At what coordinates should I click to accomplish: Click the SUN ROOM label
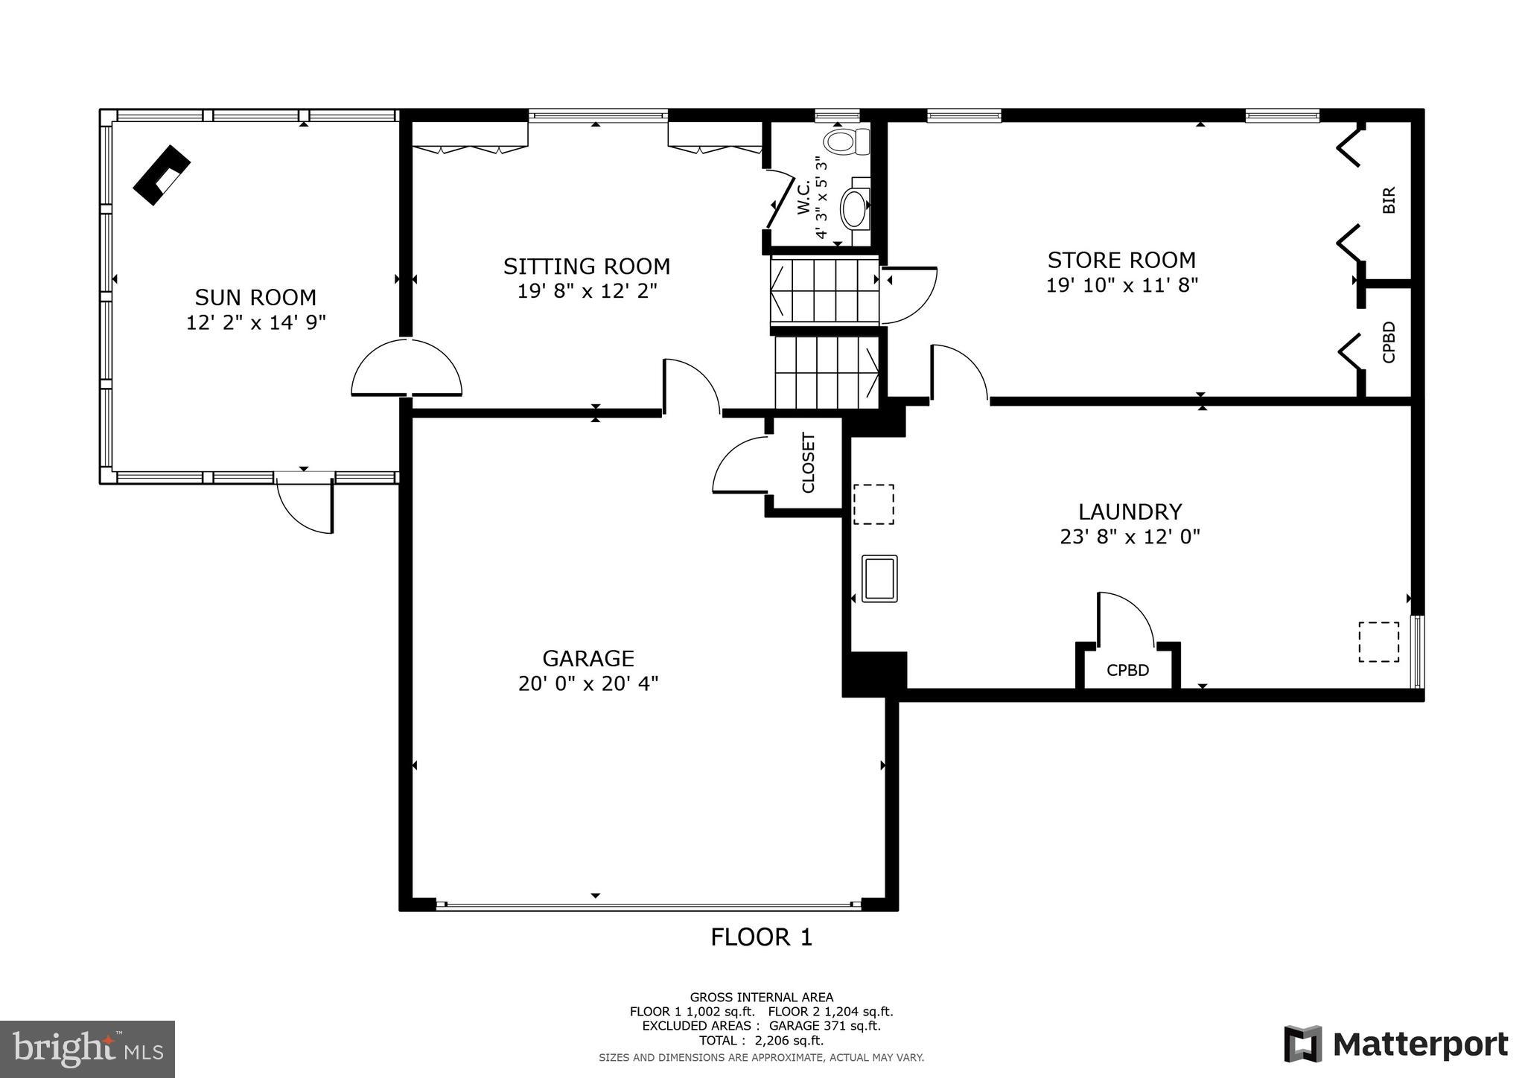pyautogui.click(x=255, y=297)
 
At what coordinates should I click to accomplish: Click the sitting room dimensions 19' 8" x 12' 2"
pyautogui.click(x=587, y=290)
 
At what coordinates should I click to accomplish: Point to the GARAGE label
pyautogui.click(x=588, y=658)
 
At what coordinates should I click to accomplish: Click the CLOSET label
pyautogui.click(x=808, y=463)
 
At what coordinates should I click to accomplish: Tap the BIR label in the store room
pyautogui.click(x=1388, y=200)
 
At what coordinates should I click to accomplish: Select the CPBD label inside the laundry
pyautogui.click(x=1127, y=670)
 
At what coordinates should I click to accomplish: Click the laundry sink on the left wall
pyautogui.click(x=879, y=578)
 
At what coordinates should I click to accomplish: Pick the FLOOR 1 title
pyautogui.click(x=761, y=937)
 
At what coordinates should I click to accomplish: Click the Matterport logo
pyautogui.click(x=1395, y=1044)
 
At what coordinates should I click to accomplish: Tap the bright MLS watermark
pyautogui.click(x=87, y=1049)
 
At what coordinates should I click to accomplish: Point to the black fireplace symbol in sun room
pyautogui.click(x=162, y=174)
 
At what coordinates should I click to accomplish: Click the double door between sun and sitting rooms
pyautogui.click(x=407, y=369)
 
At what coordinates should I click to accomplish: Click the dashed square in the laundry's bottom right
pyautogui.click(x=1378, y=641)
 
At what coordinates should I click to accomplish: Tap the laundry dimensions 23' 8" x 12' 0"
pyautogui.click(x=1130, y=537)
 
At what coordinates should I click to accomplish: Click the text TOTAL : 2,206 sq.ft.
pyautogui.click(x=761, y=1041)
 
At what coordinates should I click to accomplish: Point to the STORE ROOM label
pyautogui.click(x=1121, y=260)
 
